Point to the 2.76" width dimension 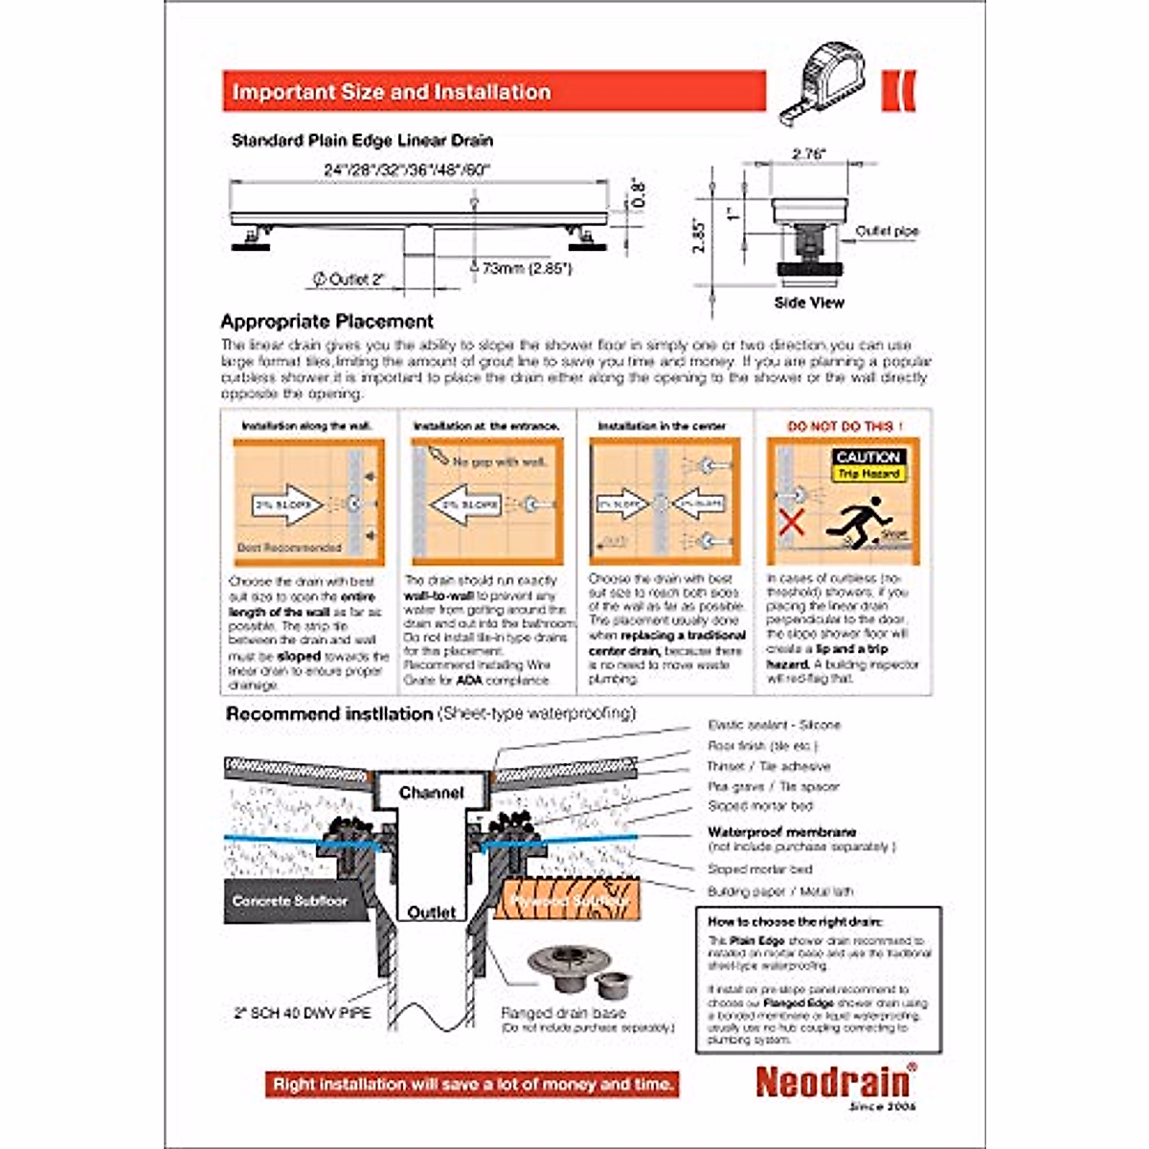point(809,154)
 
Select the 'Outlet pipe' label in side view point(887,231)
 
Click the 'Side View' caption point(809,303)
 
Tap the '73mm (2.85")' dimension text point(527,269)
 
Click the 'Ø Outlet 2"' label point(349,280)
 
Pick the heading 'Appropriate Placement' point(327,322)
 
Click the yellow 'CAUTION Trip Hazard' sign point(867,464)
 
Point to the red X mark point(790,523)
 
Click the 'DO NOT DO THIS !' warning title point(844,426)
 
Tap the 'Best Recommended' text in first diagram point(289,548)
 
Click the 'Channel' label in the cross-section point(431,793)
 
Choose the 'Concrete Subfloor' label point(289,901)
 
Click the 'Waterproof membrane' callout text point(781,832)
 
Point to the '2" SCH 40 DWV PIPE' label point(302,1012)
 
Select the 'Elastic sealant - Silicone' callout point(774,725)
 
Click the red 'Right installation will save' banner point(473,1084)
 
